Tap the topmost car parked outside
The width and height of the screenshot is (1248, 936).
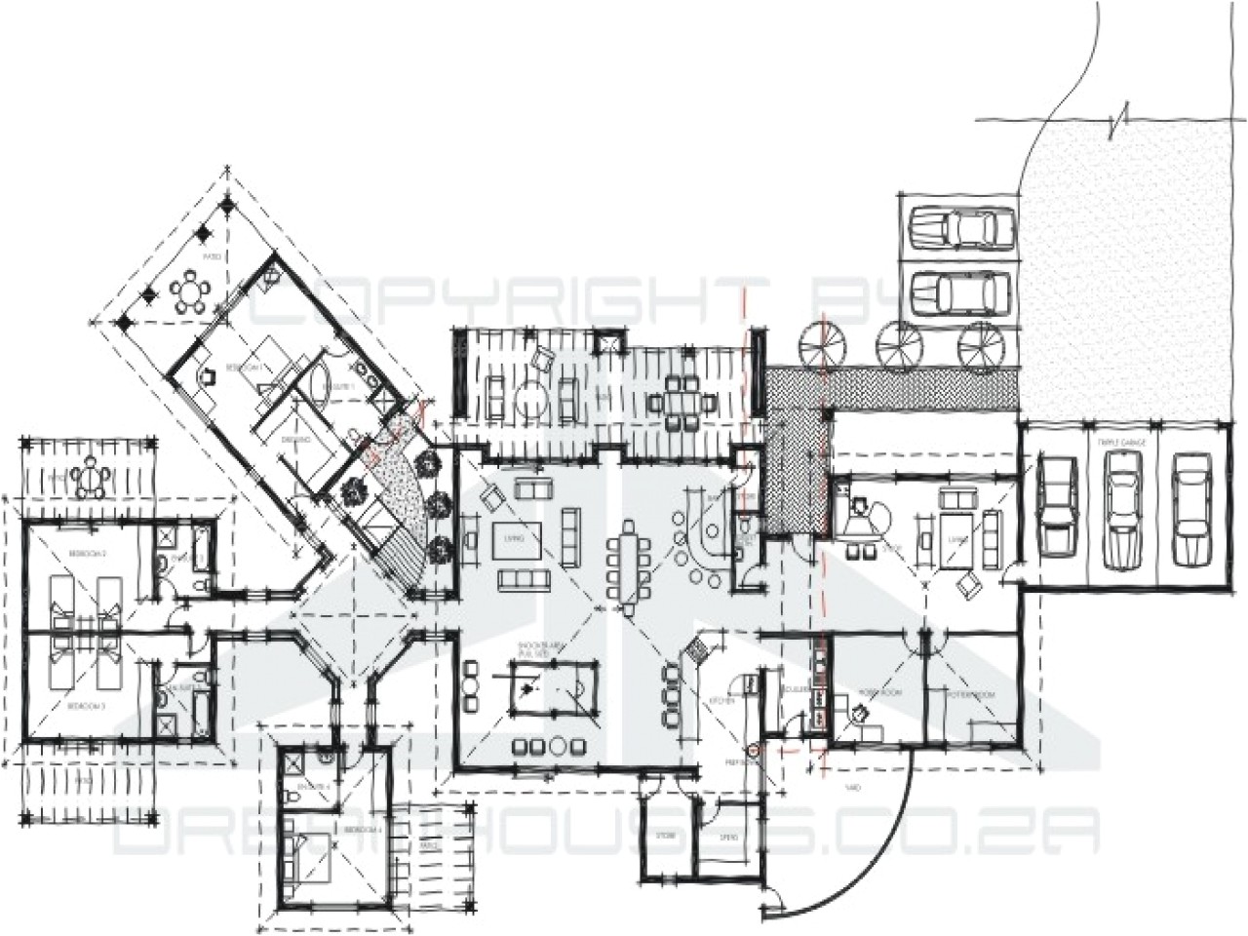click(960, 229)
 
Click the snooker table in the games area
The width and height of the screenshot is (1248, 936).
click(552, 686)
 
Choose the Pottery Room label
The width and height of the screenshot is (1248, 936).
click(972, 693)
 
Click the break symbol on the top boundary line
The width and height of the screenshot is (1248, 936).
click(1121, 123)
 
